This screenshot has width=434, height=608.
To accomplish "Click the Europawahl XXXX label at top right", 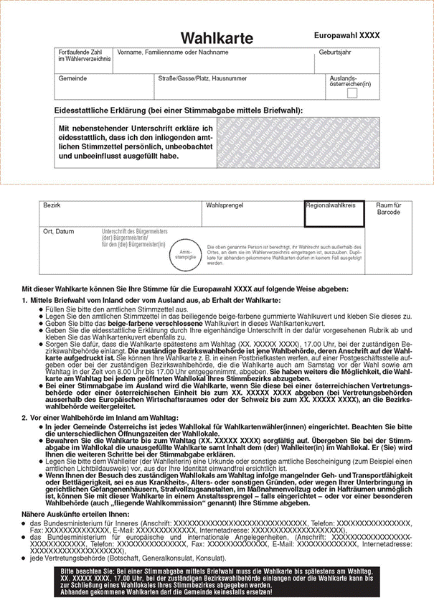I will coord(346,35).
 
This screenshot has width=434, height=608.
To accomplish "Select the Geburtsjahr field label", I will coord(336,52).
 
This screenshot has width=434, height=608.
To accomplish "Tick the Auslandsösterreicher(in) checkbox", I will coord(352,93).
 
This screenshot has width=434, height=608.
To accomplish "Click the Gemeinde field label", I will coord(72,78).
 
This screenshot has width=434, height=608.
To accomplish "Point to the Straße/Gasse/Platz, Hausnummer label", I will coord(203,78).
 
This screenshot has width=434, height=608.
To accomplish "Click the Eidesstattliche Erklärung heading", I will coord(179,110).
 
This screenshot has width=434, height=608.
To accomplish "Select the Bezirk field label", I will coord(52,205).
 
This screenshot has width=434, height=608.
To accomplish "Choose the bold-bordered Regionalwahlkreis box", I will coord(334,214).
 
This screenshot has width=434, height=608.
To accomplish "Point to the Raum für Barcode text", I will coord(388,209).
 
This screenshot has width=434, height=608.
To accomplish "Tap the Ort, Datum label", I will coord(58,231).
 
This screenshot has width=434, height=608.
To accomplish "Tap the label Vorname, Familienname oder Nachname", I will coord(168,52).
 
